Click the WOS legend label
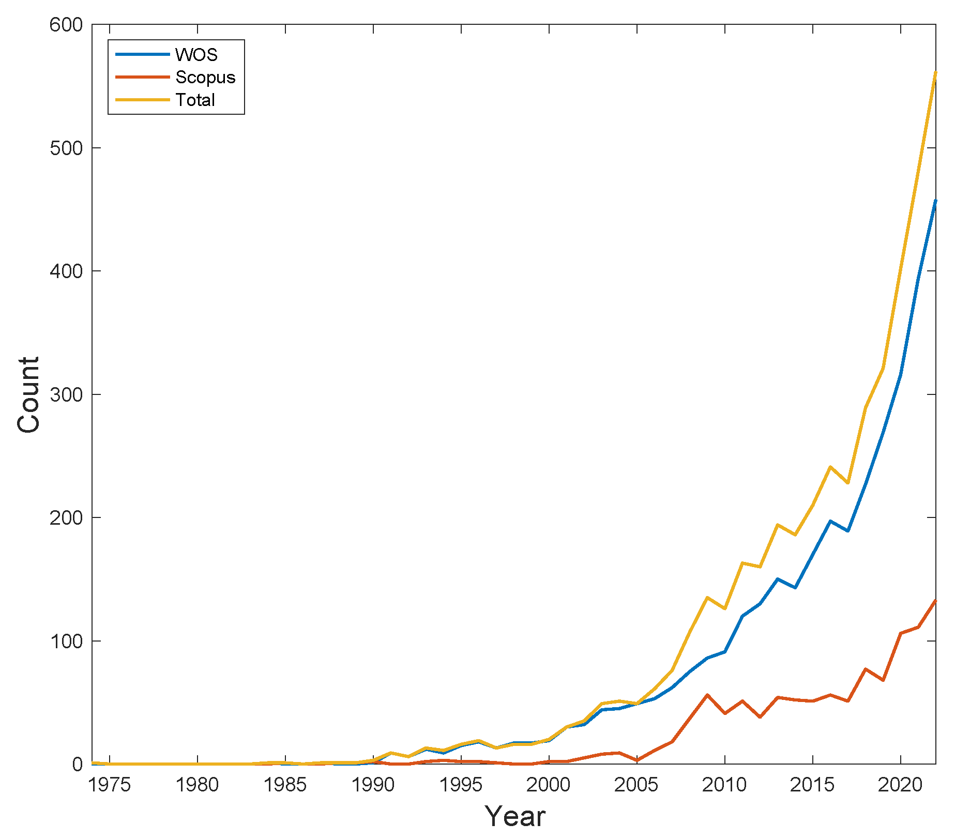[x=196, y=54]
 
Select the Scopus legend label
[x=205, y=77]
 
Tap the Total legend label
[x=195, y=100]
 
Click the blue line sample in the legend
[x=143, y=54]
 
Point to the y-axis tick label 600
[x=66, y=25]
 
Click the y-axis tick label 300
[x=66, y=394]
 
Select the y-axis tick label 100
[x=66, y=641]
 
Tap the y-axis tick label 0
[x=77, y=764]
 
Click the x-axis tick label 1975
[x=110, y=785]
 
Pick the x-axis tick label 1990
[x=373, y=785]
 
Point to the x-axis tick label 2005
[x=637, y=785]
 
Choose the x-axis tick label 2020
[x=901, y=785]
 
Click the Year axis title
[x=515, y=816]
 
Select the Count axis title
[x=28, y=394]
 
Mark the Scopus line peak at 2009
[x=707, y=695]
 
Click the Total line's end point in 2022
[x=935, y=73]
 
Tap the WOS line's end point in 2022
[x=935, y=201]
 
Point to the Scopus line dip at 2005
[x=636, y=760]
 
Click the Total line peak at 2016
[x=830, y=467]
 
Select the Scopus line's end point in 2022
[x=935, y=601]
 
